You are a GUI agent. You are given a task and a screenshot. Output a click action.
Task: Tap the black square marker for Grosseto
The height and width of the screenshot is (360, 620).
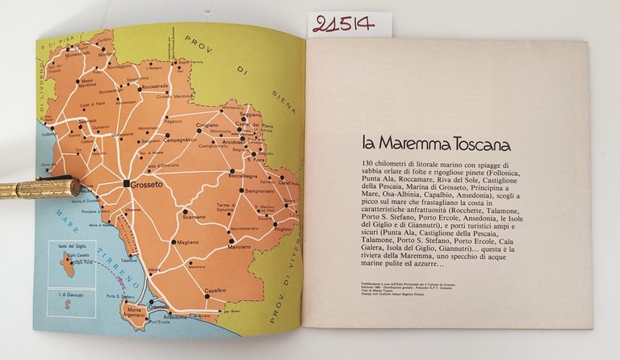pos(126,184)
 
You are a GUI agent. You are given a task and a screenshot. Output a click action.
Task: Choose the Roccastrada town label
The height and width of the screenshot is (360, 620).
pos(153,87)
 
